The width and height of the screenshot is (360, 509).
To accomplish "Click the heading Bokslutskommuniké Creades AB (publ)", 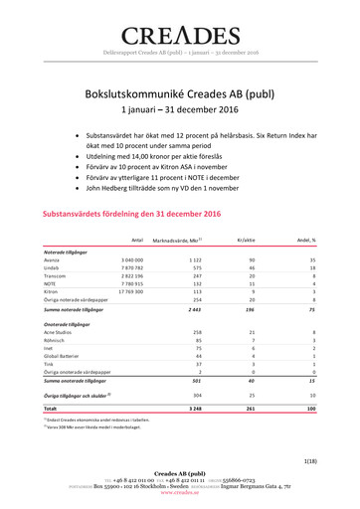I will pos(180,91).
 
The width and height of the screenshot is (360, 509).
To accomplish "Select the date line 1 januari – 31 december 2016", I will pos(180,110).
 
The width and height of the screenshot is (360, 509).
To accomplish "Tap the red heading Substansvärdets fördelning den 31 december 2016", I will pos(129,214).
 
